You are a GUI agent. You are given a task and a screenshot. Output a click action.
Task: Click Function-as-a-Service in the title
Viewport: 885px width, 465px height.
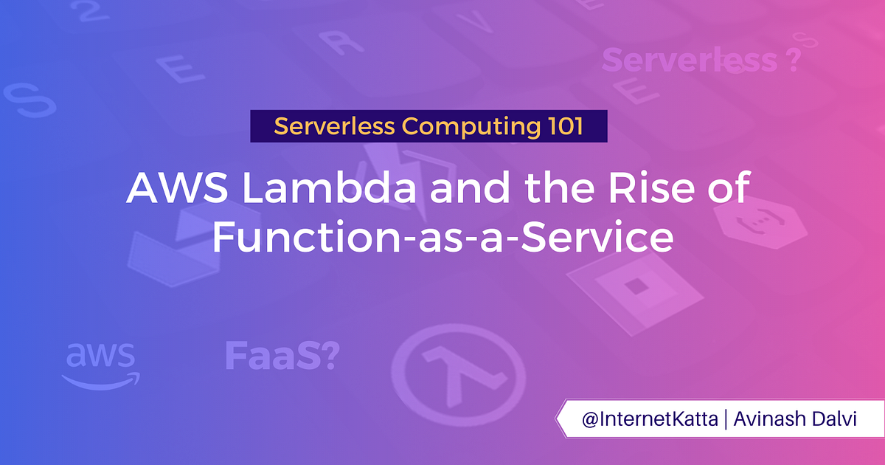coord(442,238)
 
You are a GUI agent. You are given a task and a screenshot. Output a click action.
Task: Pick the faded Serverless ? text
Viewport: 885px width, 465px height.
coord(701,61)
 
